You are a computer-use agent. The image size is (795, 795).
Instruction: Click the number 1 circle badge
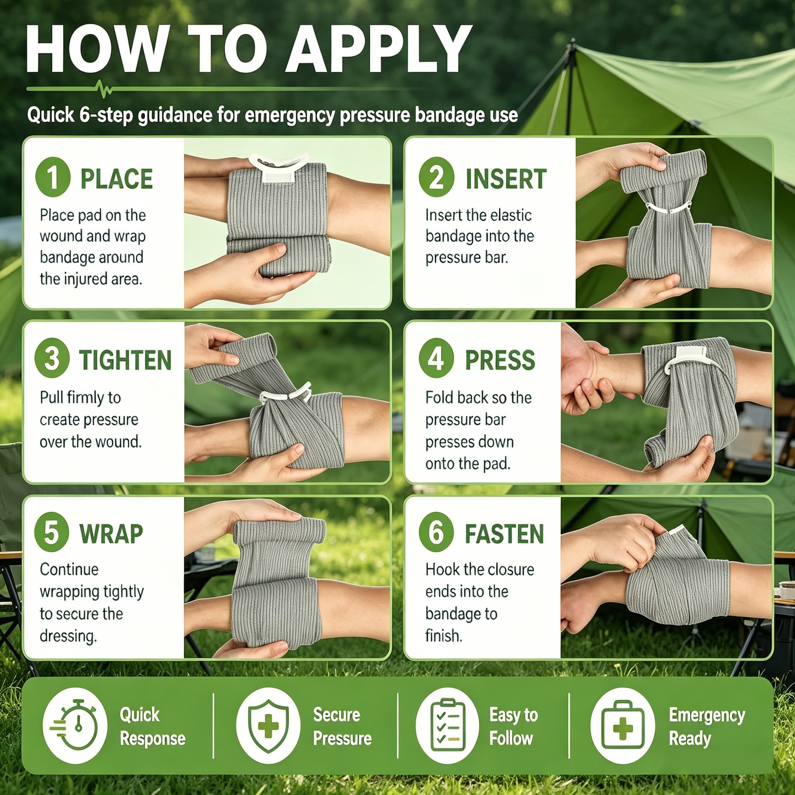click(x=53, y=177)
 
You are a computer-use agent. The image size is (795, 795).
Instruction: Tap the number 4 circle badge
click(x=436, y=358)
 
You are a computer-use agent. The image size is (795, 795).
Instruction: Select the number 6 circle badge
click(x=436, y=532)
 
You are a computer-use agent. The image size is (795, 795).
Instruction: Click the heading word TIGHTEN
click(x=125, y=360)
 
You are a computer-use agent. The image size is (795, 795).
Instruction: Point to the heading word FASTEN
click(x=504, y=534)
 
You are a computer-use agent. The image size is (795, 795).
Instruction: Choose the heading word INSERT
click(x=506, y=179)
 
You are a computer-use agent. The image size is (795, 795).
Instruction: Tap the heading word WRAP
click(x=111, y=534)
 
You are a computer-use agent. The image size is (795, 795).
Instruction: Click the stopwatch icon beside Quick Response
click(x=75, y=725)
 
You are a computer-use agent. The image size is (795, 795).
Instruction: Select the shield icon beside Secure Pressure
click(x=268, y=725)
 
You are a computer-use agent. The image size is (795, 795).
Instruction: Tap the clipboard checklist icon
click(x=447, y=725)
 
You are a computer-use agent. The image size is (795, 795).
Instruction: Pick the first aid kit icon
click(x=623, y=725)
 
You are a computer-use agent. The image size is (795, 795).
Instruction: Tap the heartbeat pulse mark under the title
click(x=104, y=89)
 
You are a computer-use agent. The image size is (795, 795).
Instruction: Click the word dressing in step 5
click(x=68, y=636)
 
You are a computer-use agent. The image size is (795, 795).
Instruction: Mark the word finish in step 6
click(x=444, y=636)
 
